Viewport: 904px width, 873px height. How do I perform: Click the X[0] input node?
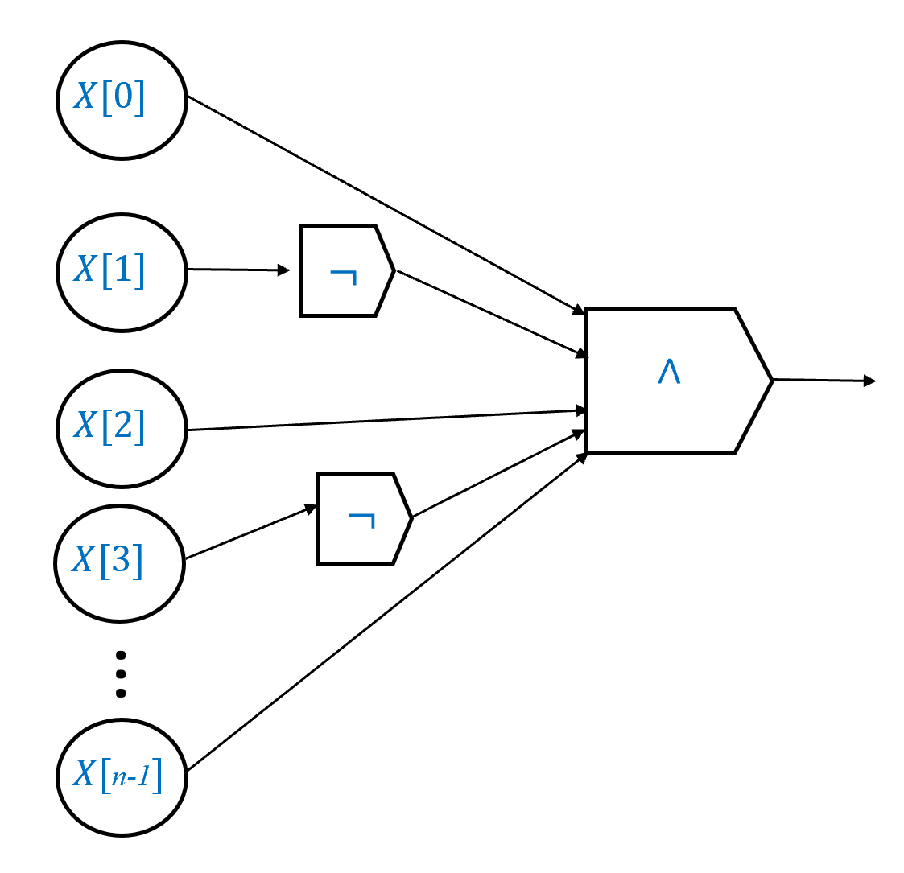pyautogui.click(x=122, y=100)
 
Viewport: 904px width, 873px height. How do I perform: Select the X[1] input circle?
pyautogui.click(x=122, y=272)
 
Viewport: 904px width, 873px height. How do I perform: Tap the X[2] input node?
pyautogui.click(x=122, y=427)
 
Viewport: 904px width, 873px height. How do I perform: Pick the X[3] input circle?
pyautogui.click(x=120, y=562)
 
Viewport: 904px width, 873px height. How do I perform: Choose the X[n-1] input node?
pyautogui.click(x=122, y=776)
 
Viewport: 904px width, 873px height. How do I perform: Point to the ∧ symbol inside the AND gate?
pyautogui.click(x=669, y=373)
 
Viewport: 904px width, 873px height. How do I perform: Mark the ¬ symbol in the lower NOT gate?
pyautogui.click(x=361, y=521)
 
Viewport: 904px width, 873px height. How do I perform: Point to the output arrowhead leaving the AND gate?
pyautogui.click(x=869, y=381)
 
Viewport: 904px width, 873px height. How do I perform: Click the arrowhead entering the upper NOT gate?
pyautogui.click(x=283, y=270)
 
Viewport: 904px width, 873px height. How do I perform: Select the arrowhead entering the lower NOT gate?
pyautogui.click(x=310, y=508)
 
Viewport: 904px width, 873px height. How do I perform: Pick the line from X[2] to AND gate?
pyautogui.click(x=386, y=420)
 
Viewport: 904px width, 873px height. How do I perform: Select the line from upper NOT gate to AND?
pyautogui.click(x=487, y=312)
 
